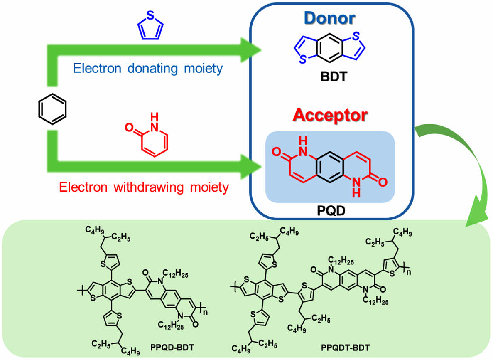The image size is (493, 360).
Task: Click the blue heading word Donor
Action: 331,19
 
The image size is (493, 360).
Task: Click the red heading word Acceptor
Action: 330,115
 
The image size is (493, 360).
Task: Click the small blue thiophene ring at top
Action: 150,27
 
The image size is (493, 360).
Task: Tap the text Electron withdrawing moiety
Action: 144,187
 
